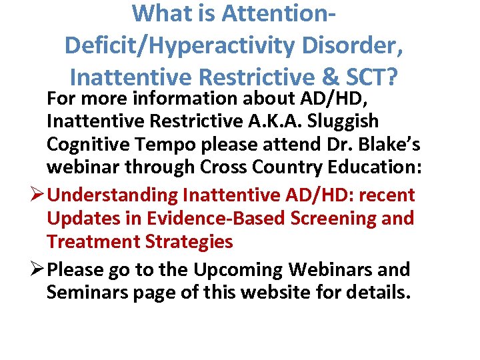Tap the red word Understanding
click(113, 195)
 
